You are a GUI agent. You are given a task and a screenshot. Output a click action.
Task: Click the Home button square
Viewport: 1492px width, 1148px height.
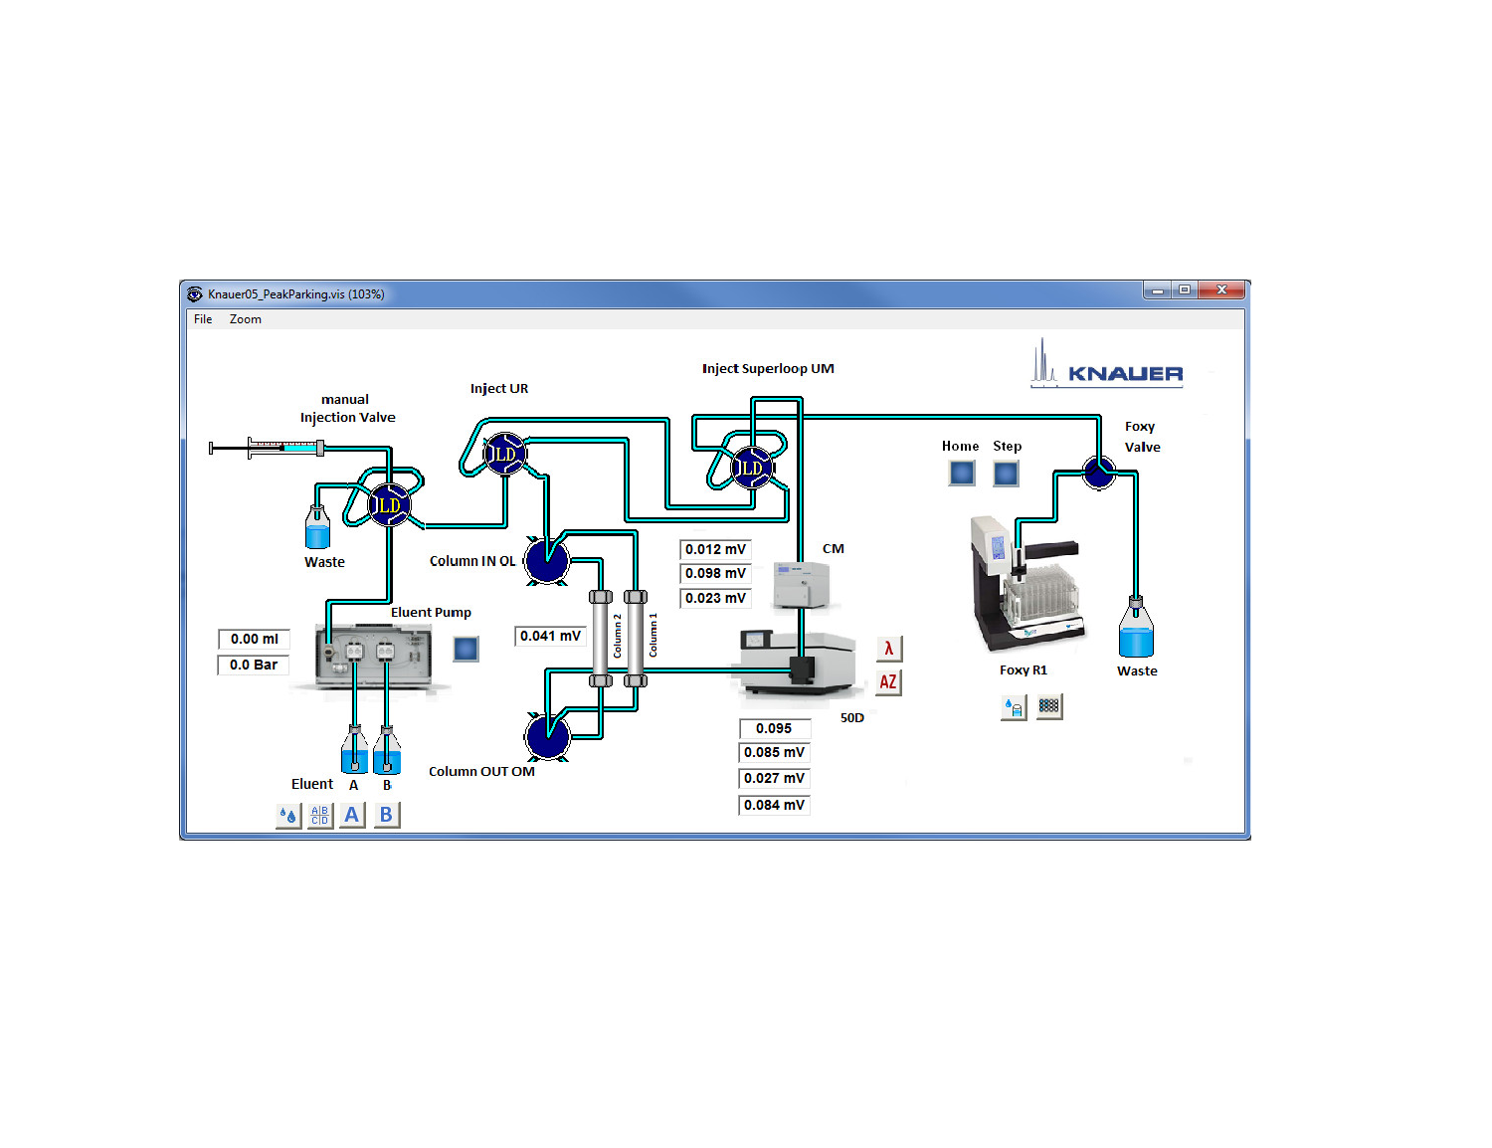pos(962,473)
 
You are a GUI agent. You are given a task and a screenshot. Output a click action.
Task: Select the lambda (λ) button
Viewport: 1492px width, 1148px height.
pos(888,649)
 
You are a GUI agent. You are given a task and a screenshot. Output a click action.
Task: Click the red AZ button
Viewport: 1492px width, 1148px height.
pos(888,682)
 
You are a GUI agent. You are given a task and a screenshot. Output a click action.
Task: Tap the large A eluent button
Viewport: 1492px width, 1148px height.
pos(351,815)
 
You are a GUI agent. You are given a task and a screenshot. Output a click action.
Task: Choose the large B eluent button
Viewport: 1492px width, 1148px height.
pos(386,815)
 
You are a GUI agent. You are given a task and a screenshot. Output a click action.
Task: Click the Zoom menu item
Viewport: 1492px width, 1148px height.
pos(245,319)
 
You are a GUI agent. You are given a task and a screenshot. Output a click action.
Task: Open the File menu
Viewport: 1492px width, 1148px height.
pos(203,319)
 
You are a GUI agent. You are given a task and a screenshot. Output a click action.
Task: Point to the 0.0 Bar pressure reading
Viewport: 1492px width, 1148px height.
pos(254,665)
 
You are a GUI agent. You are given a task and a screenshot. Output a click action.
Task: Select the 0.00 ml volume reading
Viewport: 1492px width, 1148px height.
pos(254,639)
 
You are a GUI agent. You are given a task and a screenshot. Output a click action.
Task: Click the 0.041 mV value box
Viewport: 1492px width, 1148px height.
pos(550,636)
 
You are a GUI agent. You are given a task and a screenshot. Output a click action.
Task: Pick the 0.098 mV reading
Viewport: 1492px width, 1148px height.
pos(715,573)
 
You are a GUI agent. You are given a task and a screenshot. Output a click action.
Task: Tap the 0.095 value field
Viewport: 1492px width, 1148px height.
pos(774,728)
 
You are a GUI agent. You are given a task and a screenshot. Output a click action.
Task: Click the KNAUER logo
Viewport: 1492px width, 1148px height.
pos(1107,366)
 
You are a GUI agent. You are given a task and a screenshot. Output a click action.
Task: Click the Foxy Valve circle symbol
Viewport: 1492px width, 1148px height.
pos(1098,472)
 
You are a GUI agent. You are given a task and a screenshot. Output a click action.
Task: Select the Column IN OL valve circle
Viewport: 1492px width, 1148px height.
pos(546,560)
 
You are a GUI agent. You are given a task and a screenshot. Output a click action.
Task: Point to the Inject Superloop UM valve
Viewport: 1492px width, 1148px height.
pos(751,467)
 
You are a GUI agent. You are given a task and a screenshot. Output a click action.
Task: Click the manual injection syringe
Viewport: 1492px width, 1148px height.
pos(267,448)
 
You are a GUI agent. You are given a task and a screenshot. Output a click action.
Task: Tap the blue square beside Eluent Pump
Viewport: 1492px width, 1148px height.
pos(466,649)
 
